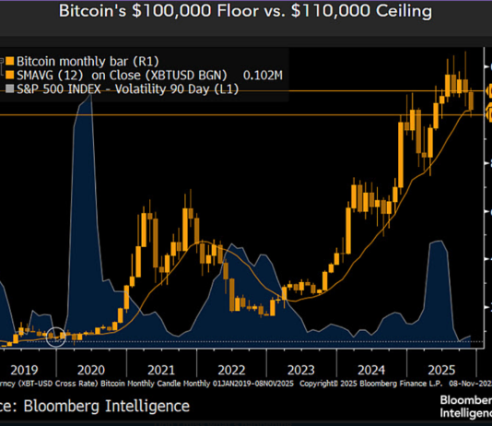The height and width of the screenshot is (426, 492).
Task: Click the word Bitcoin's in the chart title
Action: click(x=96, y=13)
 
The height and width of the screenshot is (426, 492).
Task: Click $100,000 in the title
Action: click(x=175, y=13)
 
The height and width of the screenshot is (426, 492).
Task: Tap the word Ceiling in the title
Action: click(x=399, y=13)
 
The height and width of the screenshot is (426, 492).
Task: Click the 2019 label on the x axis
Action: click(x=25, y=364)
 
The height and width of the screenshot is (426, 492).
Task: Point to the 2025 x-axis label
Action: click(x=440, y=364)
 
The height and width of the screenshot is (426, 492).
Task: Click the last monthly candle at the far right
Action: click(x=473, y=101)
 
